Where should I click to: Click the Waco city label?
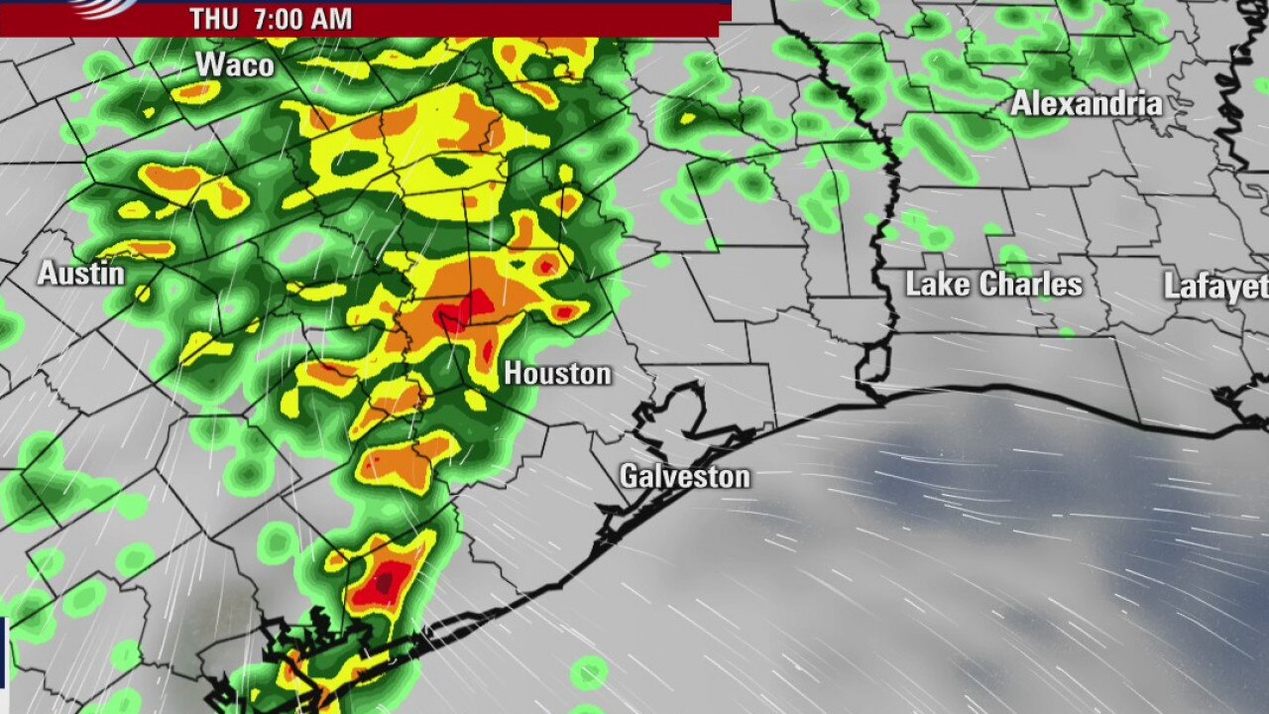234,65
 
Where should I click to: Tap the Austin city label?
80,273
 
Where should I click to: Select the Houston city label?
557,374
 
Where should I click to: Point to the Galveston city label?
684,476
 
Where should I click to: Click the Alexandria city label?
1086,103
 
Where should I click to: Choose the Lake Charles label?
993,285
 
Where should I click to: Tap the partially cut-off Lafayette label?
1216,287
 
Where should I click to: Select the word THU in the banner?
213,19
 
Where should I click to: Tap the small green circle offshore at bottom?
589,672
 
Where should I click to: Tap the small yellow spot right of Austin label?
143,293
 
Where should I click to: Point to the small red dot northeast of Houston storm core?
547,265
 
